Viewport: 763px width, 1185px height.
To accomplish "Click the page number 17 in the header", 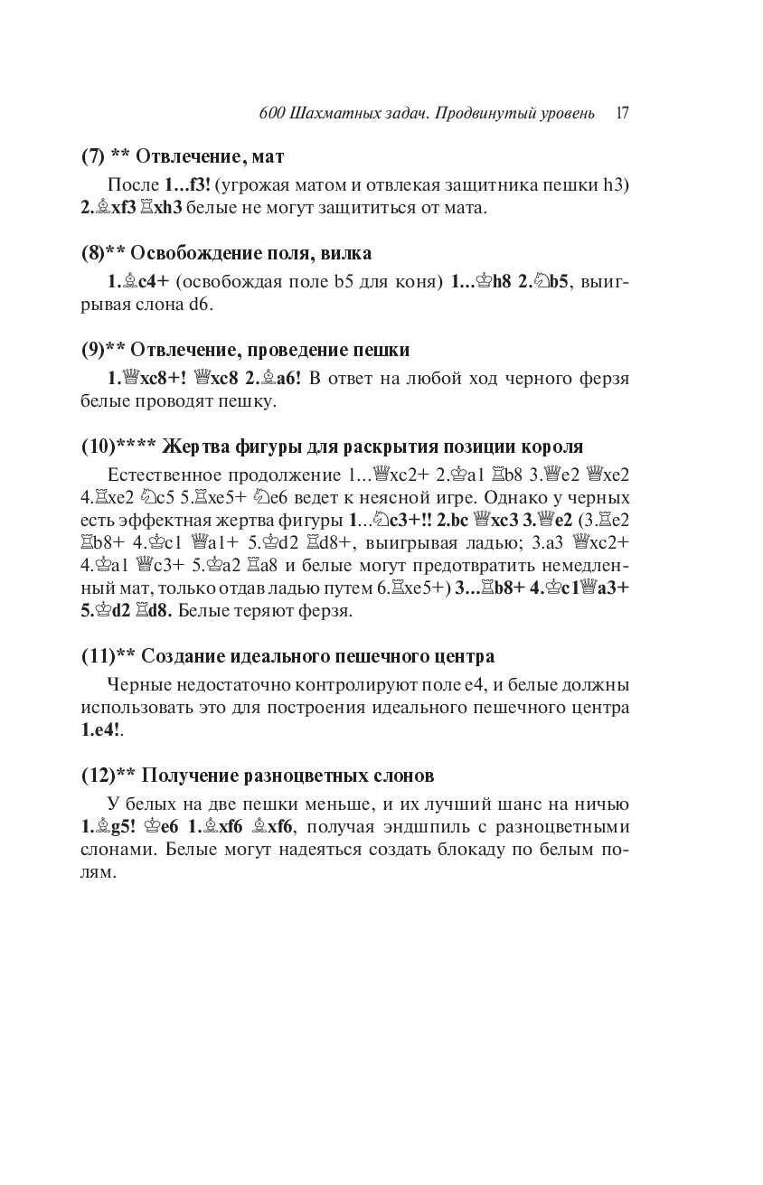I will click(x=622, y=114).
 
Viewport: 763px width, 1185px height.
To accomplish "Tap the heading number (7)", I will click(x=92, y=156).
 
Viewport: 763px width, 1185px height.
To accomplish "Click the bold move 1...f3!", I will click(x=187, y=184).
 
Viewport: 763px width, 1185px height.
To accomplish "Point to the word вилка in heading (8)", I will click(x=349, y=253).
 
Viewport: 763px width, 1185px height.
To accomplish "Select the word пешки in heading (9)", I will click(x=385, y=350).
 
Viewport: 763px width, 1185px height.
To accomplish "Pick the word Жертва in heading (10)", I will click(x=192, y=447).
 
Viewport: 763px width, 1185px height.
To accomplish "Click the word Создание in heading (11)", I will click(x=184, y=655).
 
